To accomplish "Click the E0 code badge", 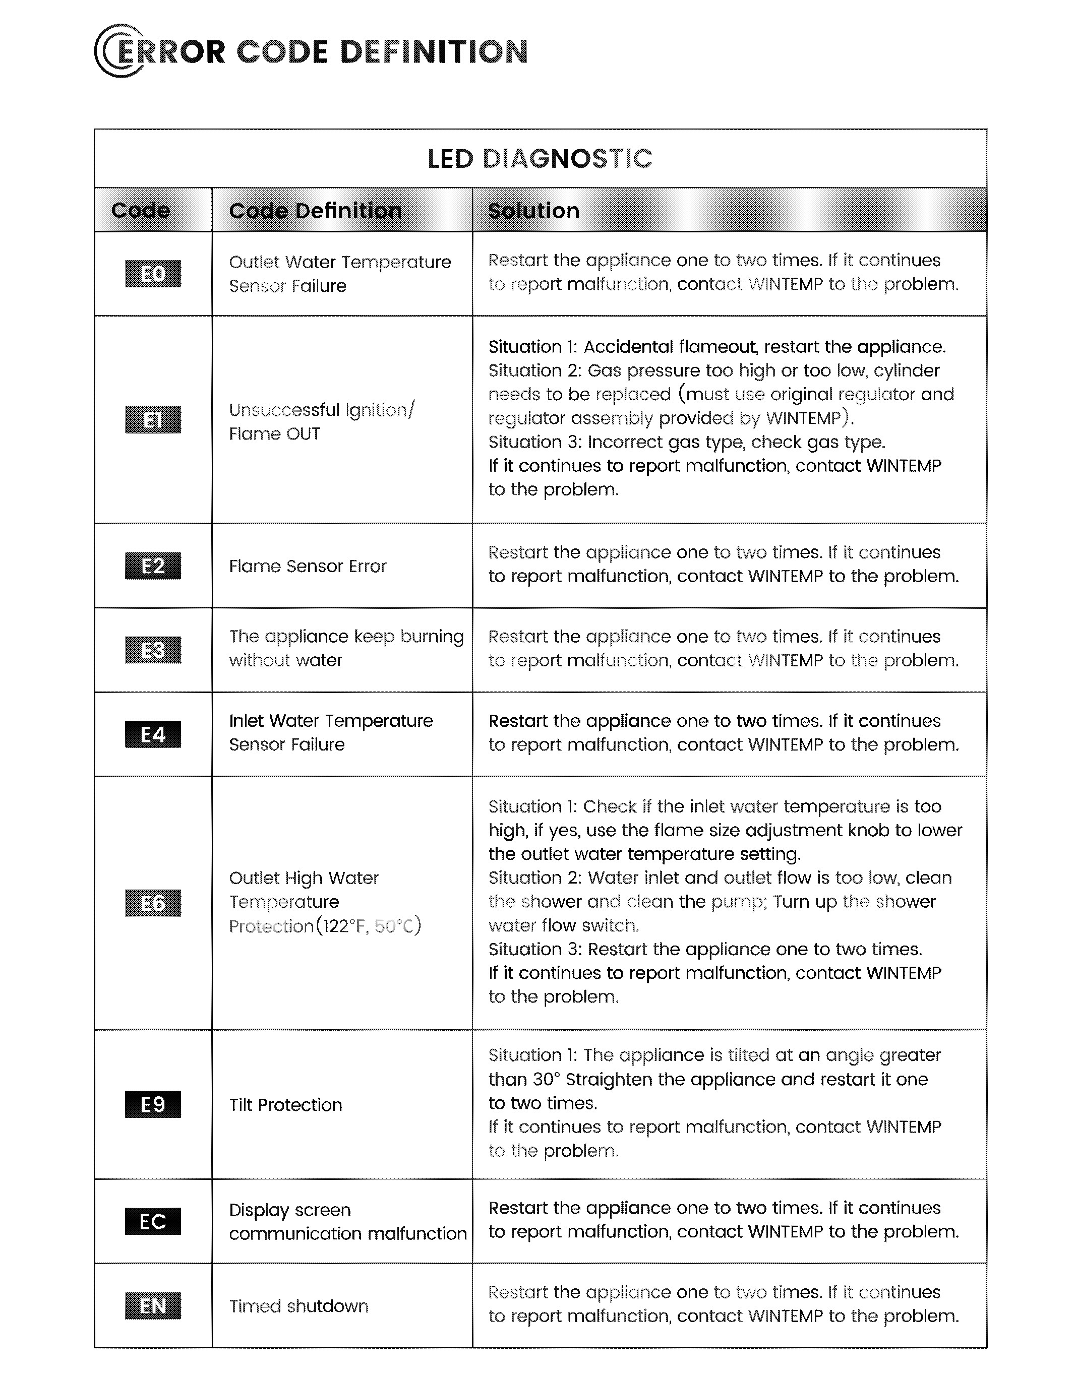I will pyautogui.click(x=153, y=274).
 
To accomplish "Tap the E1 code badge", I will pyautogui.click(x=153, y=419).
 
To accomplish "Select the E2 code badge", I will pyautogui.click(x=153, y=566).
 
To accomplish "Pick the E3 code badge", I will pyautogui.click(x=153, y=650).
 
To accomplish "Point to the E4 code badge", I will pyautogui.click(x=153, y=734).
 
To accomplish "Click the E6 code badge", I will pyautogui.click(x=153, y=903).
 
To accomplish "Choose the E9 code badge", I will pyautogui.click(x=153, y=1104).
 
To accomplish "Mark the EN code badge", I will pyautogui.click(x=153, y=1305).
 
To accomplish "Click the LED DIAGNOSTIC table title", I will pyautogui.click(x=540, y=158).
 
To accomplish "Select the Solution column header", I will pyautogui.click(x=534, y=210).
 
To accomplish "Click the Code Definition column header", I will pyautogui.click(x=315, y=210).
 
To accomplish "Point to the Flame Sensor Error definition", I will pyautogui.click(x=308, y=566).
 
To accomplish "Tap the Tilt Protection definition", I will pyautogui.click(x=285, y=1105).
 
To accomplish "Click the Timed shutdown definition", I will pyautogui.click(x=298, y=1306).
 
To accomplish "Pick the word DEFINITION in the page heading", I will pyautogui.click(x=434, y=52).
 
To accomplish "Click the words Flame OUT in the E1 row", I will pyautogui.click(x=274, y=433).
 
